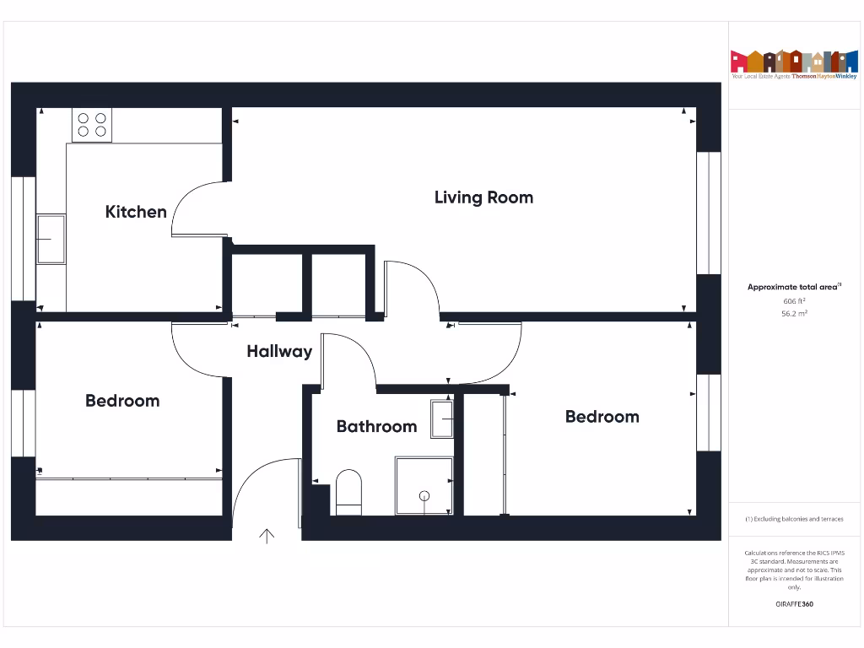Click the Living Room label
(483, 197)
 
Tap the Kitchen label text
(136, 212)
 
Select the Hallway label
(279, 352)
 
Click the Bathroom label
(376, 426)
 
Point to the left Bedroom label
(122, 401)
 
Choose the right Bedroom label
(602, 417)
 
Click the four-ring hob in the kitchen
(92, 125)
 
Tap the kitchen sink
(51, 239)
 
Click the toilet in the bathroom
(348, 492)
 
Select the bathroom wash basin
(442, 419)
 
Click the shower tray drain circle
(424, 495)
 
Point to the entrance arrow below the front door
(267, 536)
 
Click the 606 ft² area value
(794, 300)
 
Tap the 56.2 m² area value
(794, 313)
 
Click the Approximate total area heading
(793, 287)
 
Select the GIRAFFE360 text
(794, 604)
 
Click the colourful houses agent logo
(793, 62)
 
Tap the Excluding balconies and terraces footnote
(794, 519)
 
